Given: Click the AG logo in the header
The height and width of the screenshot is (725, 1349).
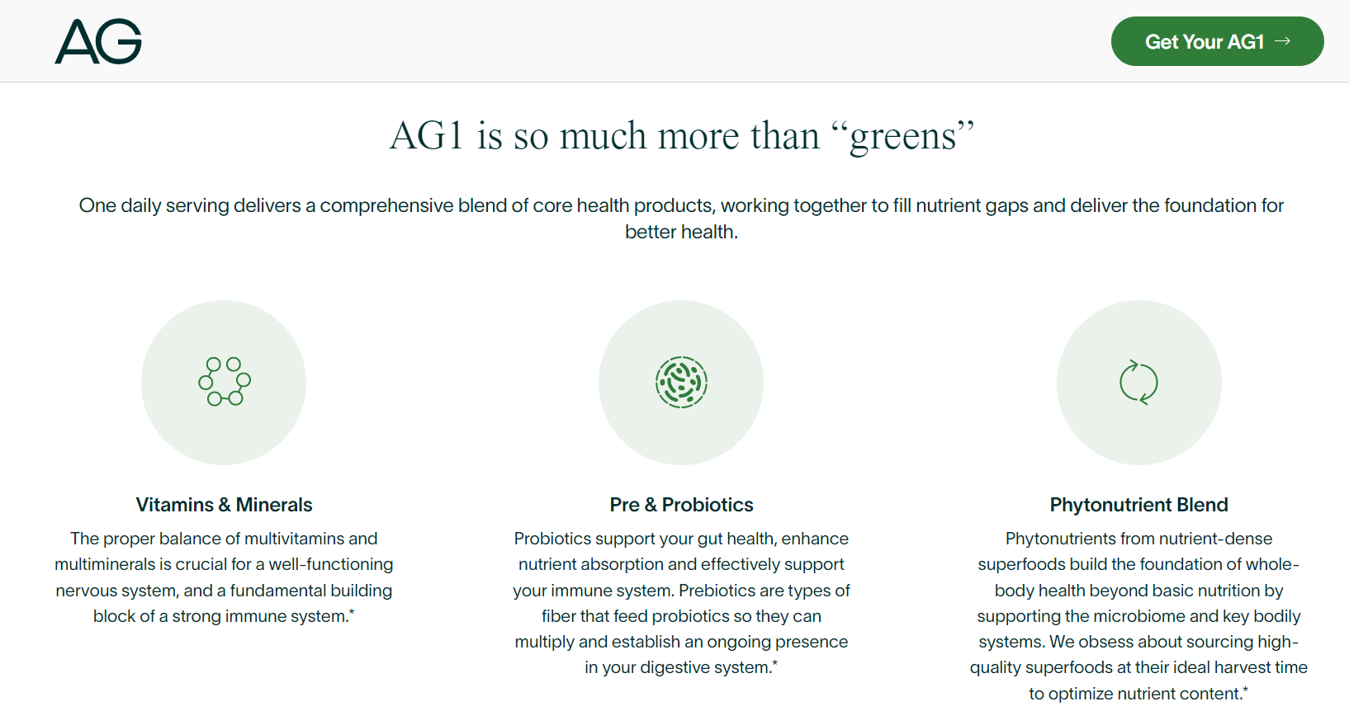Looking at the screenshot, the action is [98, 41].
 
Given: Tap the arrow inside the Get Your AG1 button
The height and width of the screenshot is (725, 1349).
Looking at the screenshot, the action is [1283, 41].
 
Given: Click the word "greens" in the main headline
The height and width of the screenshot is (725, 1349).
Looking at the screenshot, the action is [902, 137].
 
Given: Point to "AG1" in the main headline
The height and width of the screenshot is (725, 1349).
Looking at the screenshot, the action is [426, 135].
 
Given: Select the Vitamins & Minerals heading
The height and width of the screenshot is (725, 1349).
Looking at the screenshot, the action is [224, 504].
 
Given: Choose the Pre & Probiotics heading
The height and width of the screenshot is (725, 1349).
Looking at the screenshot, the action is [681, 504].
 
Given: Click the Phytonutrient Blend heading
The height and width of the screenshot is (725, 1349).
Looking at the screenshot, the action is [1138, 504].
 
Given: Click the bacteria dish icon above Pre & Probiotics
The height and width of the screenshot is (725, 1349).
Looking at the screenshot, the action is [681, 382].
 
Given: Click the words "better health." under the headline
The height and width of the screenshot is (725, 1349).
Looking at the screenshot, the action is [681, 232].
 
